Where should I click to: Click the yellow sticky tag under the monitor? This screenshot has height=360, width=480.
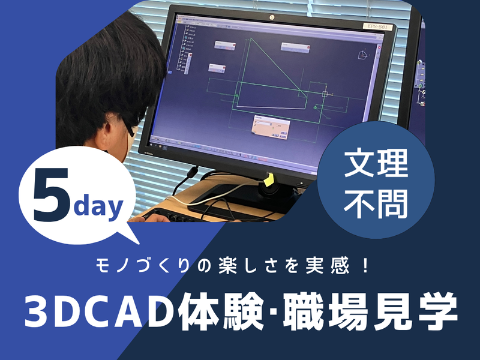[x=269, y=179]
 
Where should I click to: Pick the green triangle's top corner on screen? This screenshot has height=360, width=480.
[x=251, y=40]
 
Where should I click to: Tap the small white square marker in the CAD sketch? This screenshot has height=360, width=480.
[x=325, y=94]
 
